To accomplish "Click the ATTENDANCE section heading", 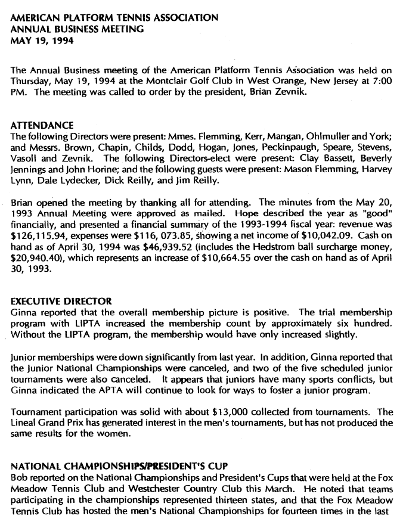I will (43, 126).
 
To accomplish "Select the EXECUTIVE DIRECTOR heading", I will (61, 302).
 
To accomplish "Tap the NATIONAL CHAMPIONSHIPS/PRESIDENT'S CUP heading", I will (116, 467).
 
